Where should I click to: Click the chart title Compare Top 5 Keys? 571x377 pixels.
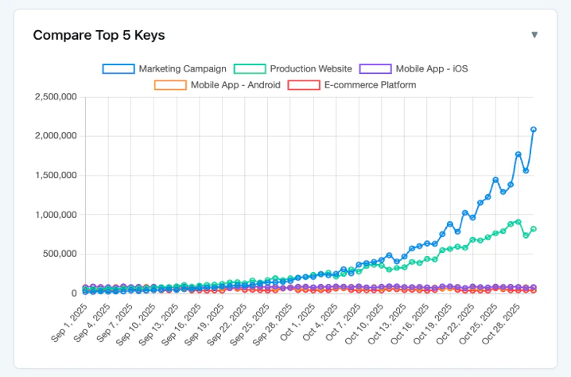(x=99, y=35)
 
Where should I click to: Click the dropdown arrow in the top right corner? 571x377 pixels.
(x=534, y=35)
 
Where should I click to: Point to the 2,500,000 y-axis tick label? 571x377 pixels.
(x=56, y=97)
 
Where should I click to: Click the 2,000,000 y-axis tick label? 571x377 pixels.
(x=56, y=136)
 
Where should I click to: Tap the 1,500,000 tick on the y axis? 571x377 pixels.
(x=56, y=176)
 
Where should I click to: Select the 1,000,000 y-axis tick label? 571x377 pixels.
(x=56, y=215)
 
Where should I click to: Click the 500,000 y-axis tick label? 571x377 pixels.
(x=60, y=254)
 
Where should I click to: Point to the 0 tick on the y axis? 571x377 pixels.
(x=73, y=293)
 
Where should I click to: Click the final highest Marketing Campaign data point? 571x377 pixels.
(x=533, y=129)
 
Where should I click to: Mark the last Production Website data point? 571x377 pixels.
(x=533, y=229)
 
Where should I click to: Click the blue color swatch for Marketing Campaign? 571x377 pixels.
(x=118, y=69)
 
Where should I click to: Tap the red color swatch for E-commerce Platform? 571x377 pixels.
(x=303, y=85)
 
